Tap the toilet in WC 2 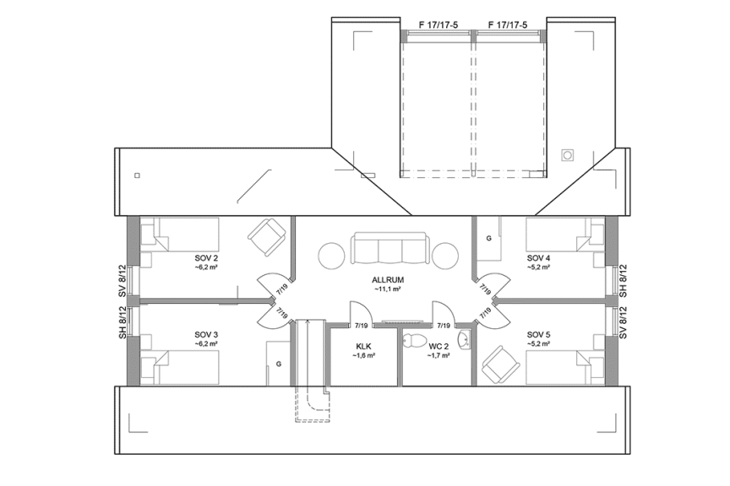(413, 341)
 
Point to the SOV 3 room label (206, 334)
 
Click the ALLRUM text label (386, 279)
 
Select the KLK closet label (363, 346)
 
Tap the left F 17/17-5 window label (439, 24)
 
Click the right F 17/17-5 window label (508, 24)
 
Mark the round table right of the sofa (445, 255)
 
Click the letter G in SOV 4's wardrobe (488, 239)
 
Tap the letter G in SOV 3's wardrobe (278, 364)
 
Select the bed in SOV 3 (181, 367)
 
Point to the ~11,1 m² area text (386, 289)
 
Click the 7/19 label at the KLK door (361, 325)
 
